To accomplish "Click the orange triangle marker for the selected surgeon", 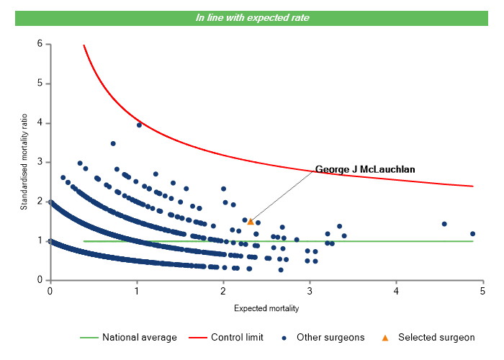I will (x=251, y=222).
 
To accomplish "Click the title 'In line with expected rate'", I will (x=252, y=18).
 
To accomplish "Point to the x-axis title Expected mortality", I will (x=266, y=308).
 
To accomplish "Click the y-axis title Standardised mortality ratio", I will (x=24, y=162).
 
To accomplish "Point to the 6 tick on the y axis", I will (x=40, y=44).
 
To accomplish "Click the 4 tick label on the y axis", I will (x=40, y=123).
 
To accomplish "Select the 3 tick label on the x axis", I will (x=310, y=291).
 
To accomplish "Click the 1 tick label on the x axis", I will (x=136, y=291).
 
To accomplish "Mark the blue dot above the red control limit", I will (x=139, y=125).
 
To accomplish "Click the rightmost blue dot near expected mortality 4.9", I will (x=472, y=233).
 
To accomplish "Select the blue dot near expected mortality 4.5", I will (x=444, y=224).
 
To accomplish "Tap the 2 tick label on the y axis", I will (x=40, y=202).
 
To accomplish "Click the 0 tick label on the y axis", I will (x=40, y=280).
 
